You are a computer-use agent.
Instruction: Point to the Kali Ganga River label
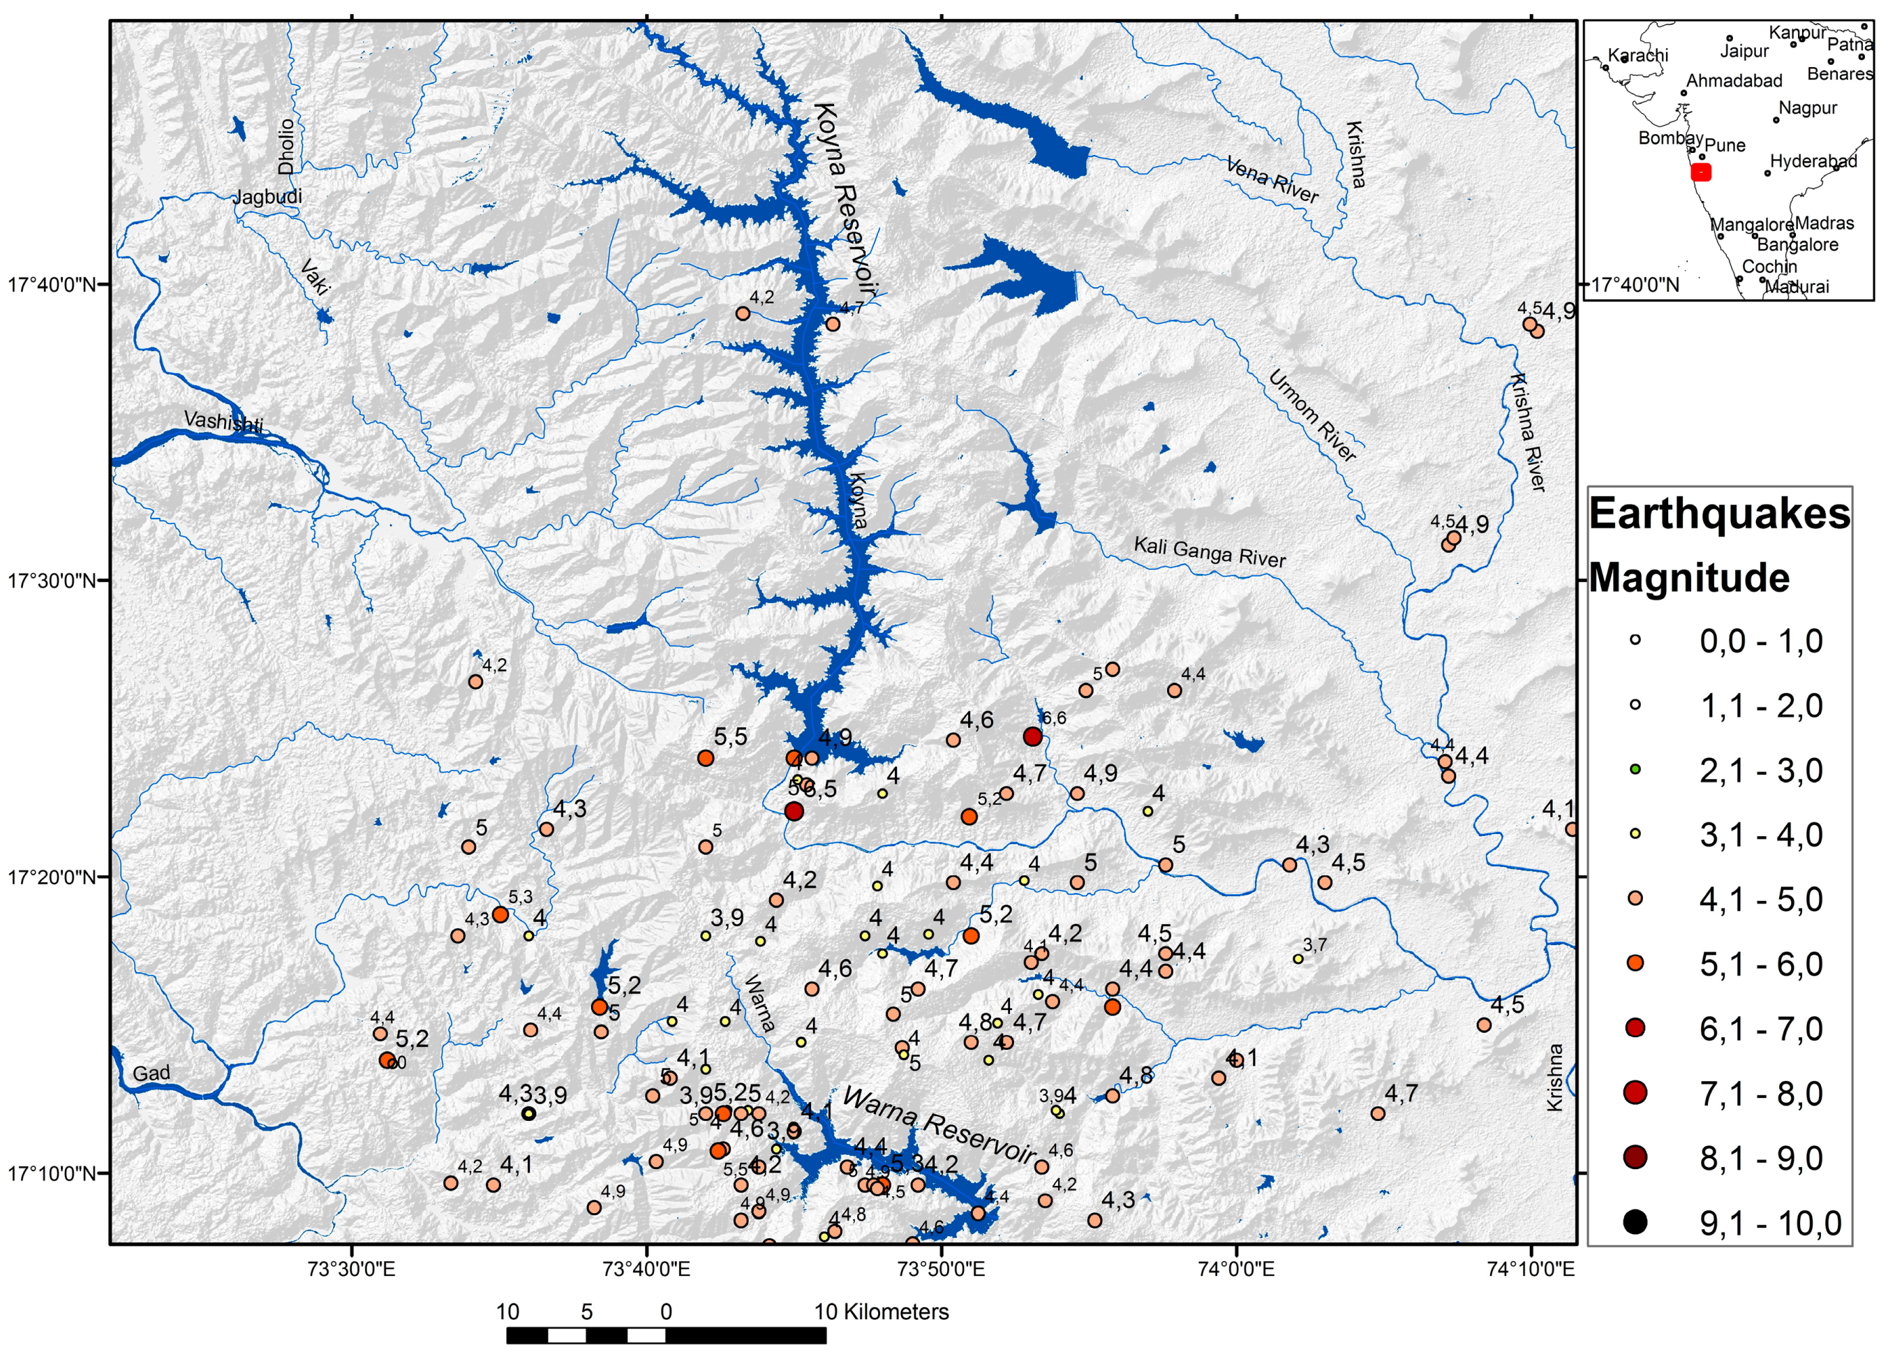(1209, 551)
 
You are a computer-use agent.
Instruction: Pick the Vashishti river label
(223, 422)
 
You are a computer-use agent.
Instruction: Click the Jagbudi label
(267, 197)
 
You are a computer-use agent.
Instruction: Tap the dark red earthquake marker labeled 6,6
(1032, 736)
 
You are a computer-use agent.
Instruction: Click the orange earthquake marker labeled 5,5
(706, 758)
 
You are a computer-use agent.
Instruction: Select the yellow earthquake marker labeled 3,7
(1298, 959)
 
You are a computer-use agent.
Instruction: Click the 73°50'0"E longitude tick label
(942, 1269)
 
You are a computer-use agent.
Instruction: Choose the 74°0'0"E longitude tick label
(1236, 1269)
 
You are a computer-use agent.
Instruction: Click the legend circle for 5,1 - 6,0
(1635, 963)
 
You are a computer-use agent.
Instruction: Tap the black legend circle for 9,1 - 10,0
(1635, 1222)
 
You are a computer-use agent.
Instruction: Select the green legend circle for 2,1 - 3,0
(1635, 769)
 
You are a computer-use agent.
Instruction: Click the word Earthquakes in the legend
(1718, 513)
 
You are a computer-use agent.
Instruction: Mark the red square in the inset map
(1701, 172)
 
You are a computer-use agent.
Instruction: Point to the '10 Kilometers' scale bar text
(881, 1312)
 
